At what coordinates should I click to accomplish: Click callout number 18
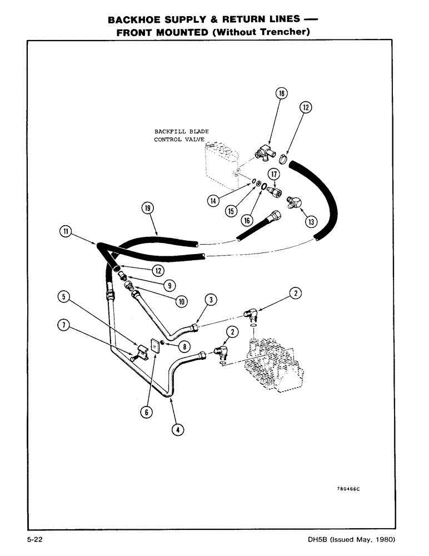tap(281, 93)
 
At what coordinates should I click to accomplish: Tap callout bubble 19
tap(146, 209)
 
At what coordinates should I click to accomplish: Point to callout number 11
tap(66, 231)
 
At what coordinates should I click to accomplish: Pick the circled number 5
tap(66, 297)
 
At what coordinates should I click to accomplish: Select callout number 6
tap(147, 411)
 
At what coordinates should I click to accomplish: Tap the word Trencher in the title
tap(280, 32)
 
